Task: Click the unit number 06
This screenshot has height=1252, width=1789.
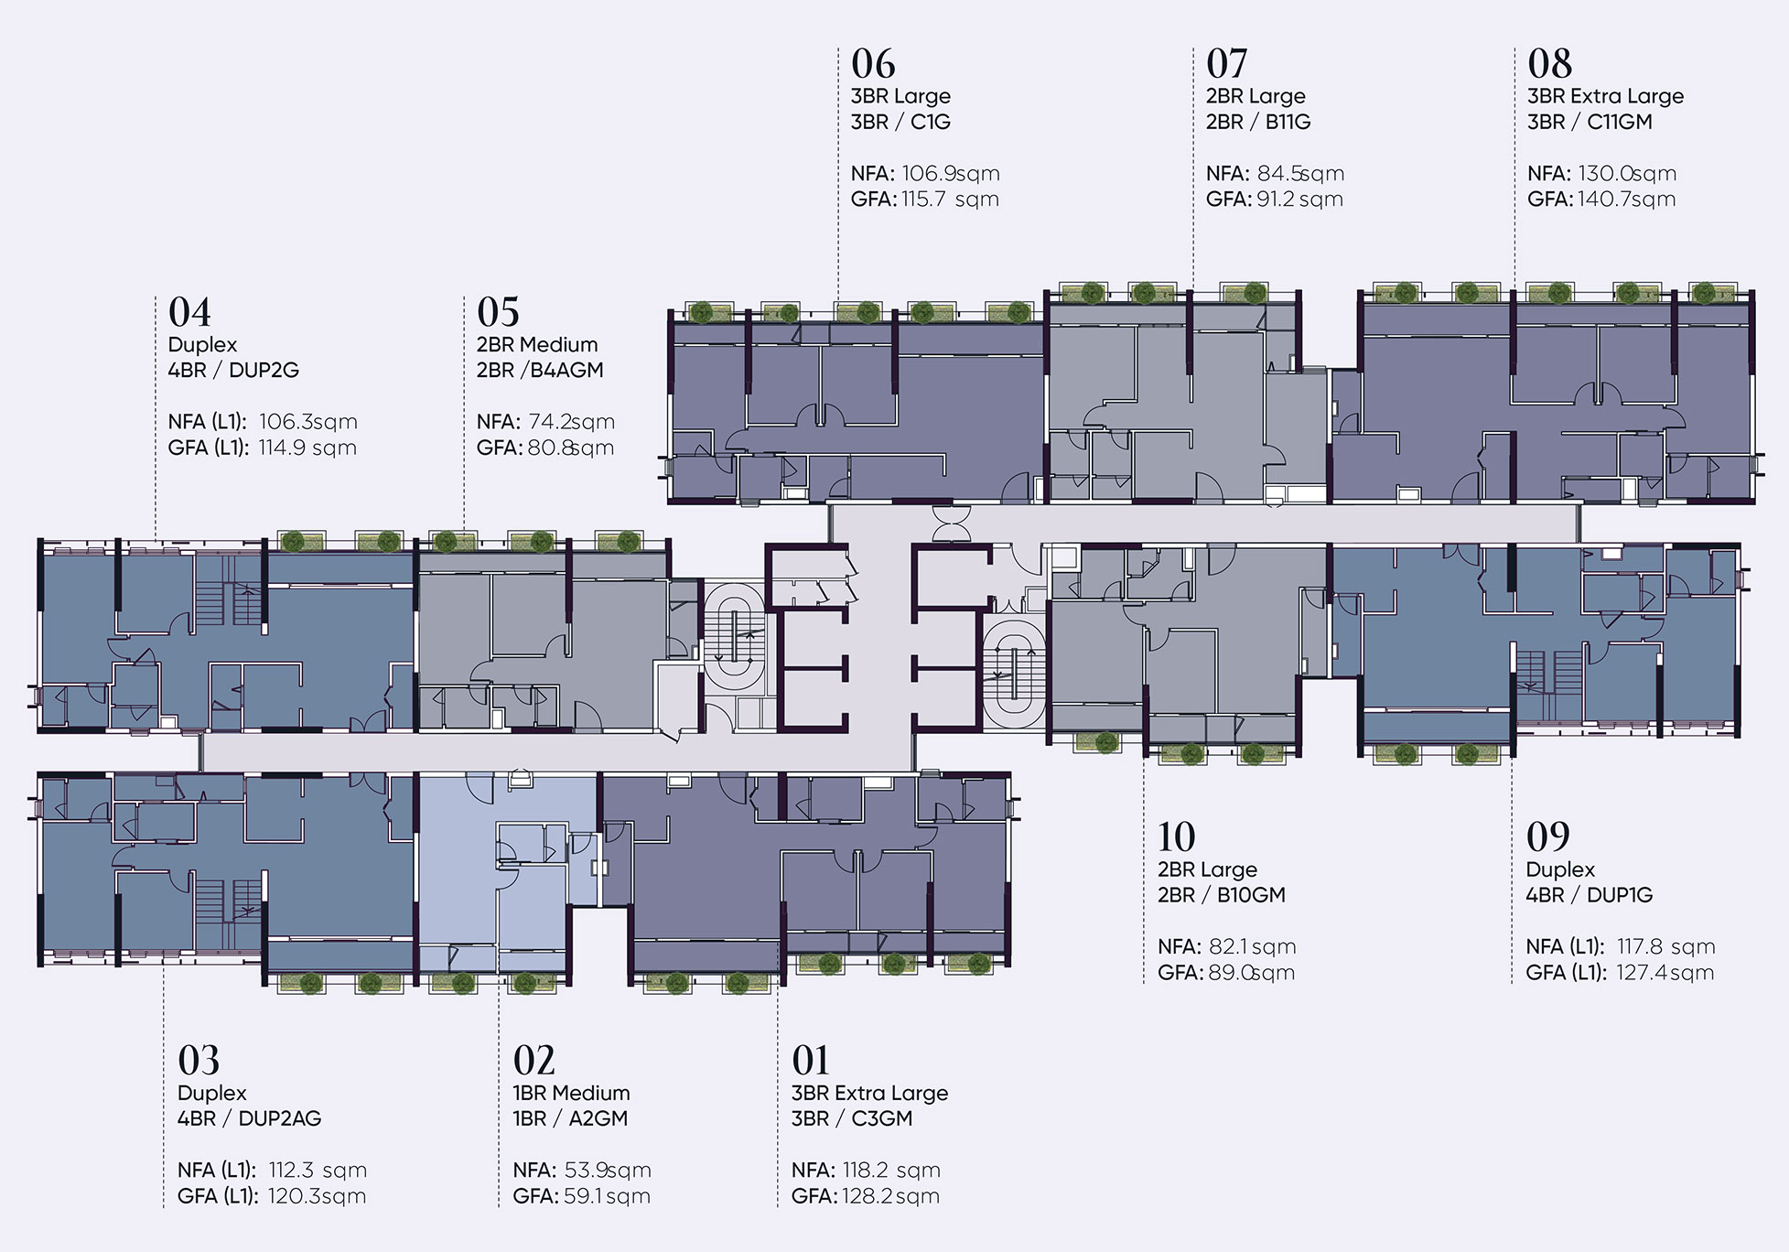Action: [873, 64]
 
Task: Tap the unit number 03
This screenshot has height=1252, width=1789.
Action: [199, 1061]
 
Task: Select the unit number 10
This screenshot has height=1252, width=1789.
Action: [1176, 836]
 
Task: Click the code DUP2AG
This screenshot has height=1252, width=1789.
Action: [280, 1118]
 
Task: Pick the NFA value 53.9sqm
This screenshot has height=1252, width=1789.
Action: [608, 1170]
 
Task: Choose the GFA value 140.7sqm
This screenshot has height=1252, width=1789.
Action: [1626, 200]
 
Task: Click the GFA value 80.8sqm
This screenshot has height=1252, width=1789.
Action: [571, 448]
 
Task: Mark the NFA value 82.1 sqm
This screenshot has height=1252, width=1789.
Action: [1253, 946]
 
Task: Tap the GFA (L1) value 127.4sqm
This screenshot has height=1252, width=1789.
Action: [1665, 973]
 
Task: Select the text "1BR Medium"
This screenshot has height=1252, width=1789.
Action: [571, 1093]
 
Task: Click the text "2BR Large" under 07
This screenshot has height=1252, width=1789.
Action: [1256, 96]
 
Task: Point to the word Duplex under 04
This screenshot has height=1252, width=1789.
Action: [202, 345]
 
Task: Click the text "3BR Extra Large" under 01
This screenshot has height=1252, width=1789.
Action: [869, 1093]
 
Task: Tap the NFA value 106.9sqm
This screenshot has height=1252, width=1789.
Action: [951, 174]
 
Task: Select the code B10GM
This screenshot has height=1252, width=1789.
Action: [1251, 895]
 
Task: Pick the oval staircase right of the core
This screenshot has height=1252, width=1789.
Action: [1014, 673]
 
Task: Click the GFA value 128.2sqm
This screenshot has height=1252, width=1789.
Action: [890, 1196]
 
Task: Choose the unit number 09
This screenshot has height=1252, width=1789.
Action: [1548, 836]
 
